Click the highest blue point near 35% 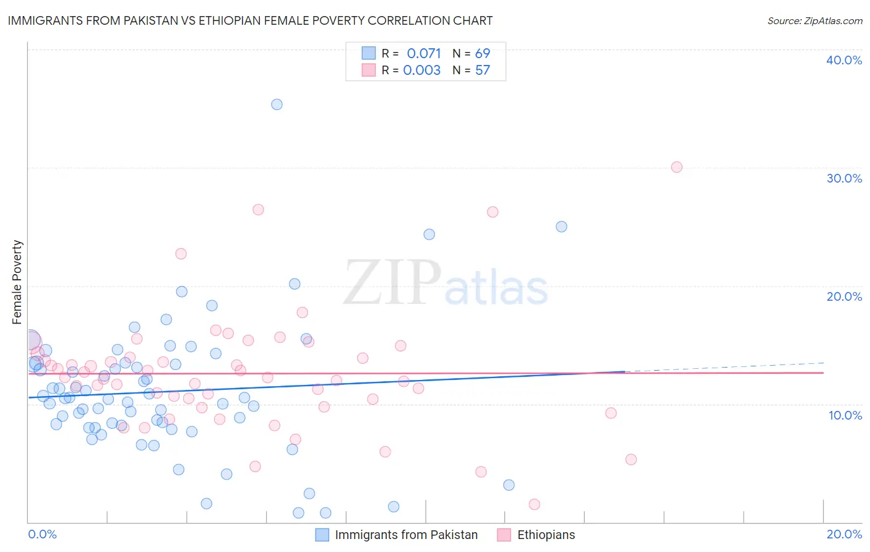pos(277,105)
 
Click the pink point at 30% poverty pos(676,167)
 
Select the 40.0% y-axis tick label pos(843,60)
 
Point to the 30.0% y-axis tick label pos(843,178)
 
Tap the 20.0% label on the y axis pos(843,296)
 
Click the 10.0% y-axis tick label pos(845,415)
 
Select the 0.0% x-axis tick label pos(42,534)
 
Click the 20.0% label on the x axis pos(843,534)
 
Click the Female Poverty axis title pos(17,282)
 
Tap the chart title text pos(250,20)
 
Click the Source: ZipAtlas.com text pos(814,21)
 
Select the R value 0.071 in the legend pos(423,53)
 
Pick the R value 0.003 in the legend pos(421,71)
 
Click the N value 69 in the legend pos(482,53)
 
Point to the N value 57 pos(482,71)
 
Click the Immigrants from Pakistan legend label pos(406,535)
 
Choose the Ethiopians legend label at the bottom pos(546,535)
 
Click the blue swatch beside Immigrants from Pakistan pos(322,535)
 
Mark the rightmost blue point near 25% pos(561,226)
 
